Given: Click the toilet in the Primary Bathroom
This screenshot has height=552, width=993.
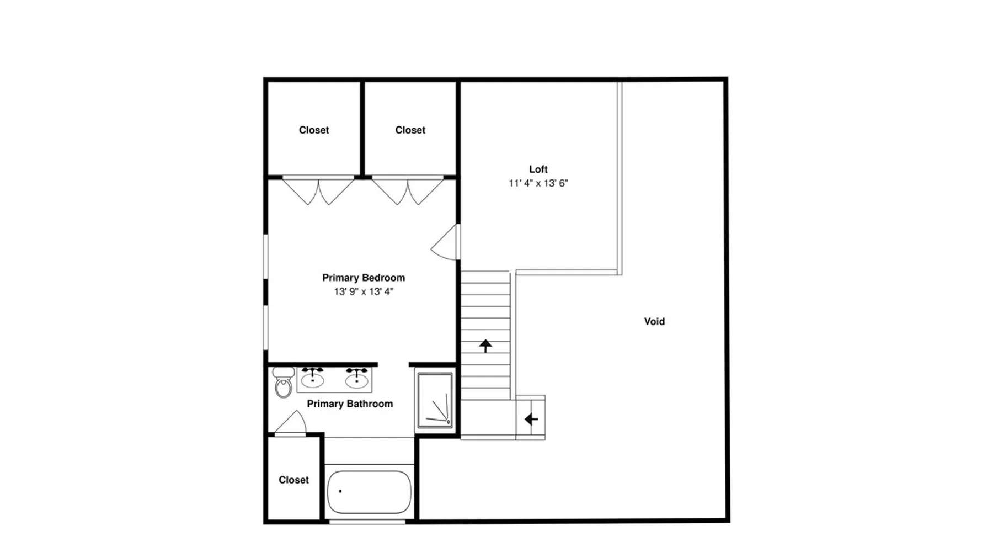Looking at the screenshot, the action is (284, 382).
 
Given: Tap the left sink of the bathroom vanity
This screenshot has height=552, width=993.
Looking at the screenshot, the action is (313, 378).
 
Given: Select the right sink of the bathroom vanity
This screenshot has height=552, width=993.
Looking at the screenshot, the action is (357, 378).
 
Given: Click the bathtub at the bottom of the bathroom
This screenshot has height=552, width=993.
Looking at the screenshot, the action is (369, 492).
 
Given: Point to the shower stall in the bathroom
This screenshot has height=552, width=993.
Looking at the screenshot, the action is (435, 401).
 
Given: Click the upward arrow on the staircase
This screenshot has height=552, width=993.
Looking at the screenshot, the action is (485, 346).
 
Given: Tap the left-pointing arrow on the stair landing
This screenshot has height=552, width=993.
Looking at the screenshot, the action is (531, 419).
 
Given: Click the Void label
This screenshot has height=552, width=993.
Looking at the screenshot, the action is (654, 321).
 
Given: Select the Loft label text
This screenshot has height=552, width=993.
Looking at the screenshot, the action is (538, 169).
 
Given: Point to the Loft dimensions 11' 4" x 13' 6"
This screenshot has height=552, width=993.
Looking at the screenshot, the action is (538, 183).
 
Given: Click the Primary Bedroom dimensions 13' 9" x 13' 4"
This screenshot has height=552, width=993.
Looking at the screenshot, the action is (364, 291).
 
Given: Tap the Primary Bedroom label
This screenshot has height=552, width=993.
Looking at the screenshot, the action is (364, 278).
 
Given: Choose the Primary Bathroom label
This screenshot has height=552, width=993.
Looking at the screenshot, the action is (350, 404).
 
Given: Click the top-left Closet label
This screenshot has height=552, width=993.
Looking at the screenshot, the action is (314, 130).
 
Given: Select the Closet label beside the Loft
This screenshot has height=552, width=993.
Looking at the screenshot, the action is (410, 130).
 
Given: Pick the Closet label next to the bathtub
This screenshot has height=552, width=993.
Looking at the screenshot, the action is (293, 480).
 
